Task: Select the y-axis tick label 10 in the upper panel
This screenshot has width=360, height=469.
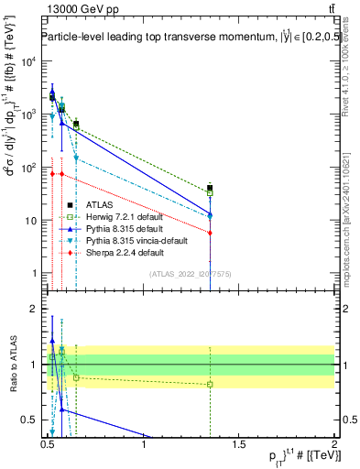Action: (31, 221)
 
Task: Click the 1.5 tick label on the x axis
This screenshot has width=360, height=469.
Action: (239, 444)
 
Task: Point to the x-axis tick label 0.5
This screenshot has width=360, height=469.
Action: (48, 444)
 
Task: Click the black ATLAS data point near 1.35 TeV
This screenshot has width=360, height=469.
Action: (211, 188)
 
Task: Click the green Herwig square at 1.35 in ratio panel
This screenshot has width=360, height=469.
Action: (211, 384)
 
